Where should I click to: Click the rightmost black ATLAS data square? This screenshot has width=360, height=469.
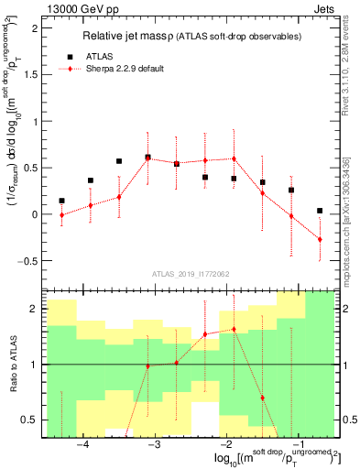[x=320, y=211]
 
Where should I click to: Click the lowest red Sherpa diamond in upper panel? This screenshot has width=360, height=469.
[x=320, y=239]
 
